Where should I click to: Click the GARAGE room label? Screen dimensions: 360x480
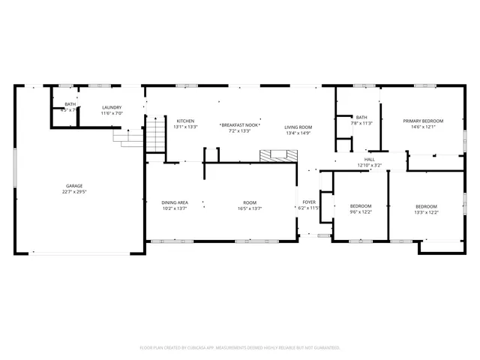pyautogui.click(x=73, y=186)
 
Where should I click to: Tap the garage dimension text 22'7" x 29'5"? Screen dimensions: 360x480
pyautogui.click(x=73, y=192)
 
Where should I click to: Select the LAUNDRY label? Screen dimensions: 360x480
pyautogui.click(x=112, y=108)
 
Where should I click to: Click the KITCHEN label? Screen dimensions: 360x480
pyautogui.click(x=185, y=121)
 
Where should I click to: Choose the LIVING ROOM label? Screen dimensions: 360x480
pyautogui.click(x=298, y=127)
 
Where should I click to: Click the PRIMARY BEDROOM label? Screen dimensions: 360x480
pyautogui.click(x=423, y=121)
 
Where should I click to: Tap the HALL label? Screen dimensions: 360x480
pyautogui.click(x=369, y=160)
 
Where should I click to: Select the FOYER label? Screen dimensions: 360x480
pyautogui.click(x=309, y=202)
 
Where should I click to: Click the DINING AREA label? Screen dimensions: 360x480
pyautogui.click(x=175, y=202)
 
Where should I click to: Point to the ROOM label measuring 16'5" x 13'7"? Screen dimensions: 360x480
pyautogui.click(x=249, y=202)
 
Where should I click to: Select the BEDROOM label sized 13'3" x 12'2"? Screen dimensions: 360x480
pyautogui.click(x=426, y=206)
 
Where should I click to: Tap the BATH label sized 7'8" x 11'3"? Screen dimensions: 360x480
pyautogui.click(x=361, y=117)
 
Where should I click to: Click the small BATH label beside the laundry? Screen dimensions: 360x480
pyautogui.click(x=70, y=104)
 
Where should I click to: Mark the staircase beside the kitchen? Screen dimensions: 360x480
pyautogui.click(x=154, y=136)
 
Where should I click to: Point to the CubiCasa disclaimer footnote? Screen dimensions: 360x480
pyautogui.click(x=240, y=348)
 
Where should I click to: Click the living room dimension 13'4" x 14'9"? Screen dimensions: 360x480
pyautogui.click(x=298, y=133)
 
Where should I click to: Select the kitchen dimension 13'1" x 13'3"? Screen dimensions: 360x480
pyautogui.click(x=185, y=127)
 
